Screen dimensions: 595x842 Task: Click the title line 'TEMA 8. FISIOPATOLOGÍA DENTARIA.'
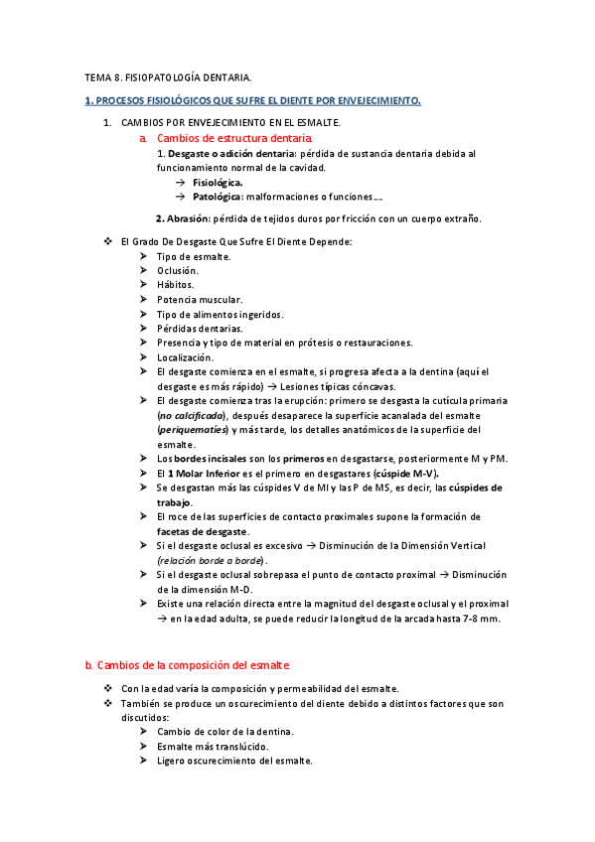[168, 76]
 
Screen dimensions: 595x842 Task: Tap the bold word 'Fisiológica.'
[218, 183]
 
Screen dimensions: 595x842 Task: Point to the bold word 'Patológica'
[218, 197]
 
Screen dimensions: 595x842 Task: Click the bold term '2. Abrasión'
[180, 218]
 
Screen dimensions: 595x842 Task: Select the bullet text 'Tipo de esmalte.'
[193, 257]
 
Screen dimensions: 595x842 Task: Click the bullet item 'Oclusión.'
[177, 271]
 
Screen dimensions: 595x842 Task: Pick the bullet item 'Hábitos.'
[175, 285]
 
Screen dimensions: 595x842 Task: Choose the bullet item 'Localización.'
[185, 356]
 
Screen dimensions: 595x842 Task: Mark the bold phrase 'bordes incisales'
[215, 459]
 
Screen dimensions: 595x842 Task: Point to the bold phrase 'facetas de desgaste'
[203, 531]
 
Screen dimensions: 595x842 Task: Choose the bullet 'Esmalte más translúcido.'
[212, 746]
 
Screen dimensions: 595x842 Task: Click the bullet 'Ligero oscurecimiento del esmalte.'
[234, 761]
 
